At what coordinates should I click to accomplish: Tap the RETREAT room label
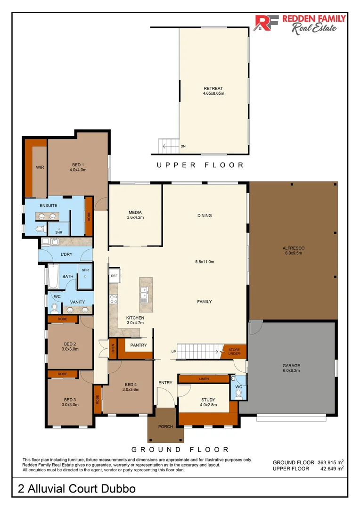coord(213,88)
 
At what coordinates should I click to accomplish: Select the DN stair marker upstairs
coord(183,147)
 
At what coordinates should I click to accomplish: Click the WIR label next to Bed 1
coord(40,167)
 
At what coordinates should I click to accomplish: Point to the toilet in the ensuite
coord(40,229)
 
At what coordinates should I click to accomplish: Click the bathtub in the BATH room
coord(53,276)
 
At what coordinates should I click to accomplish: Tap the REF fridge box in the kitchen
coord(114,276)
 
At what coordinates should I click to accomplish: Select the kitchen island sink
coord(144,293)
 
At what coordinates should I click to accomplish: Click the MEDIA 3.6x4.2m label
coord(135,215)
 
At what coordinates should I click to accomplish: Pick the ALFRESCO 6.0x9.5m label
coord(294,251)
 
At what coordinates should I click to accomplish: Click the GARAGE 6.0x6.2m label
coord(291,368)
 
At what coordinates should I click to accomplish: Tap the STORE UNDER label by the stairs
coord(234,352)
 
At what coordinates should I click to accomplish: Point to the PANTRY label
coord(139,345)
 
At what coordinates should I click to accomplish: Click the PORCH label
coord(165,427)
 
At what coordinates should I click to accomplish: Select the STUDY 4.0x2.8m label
coord(208,402)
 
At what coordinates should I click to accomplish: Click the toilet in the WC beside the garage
coord(238,394)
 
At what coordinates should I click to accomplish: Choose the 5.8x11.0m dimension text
coord(205,262)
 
